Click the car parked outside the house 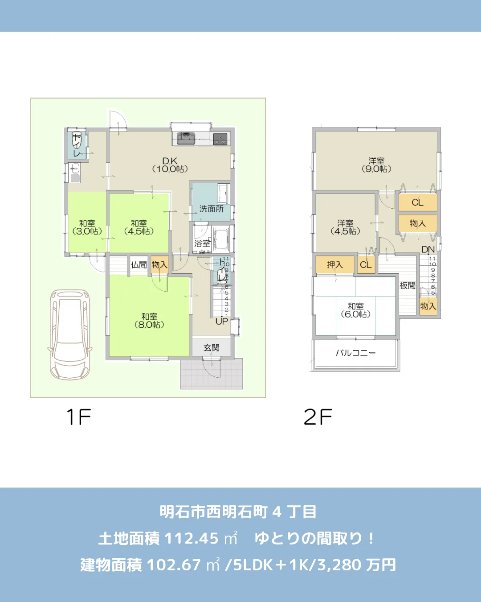70,334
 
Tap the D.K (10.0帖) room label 170,165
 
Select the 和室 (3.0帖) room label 87,227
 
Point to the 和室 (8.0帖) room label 149,321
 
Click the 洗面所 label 211,209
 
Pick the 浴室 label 202,243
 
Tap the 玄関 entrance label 212,347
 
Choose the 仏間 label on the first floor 139,265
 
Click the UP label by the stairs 221,321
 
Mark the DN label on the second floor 428,249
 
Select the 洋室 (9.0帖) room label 376,165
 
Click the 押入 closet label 335,265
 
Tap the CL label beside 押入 366,265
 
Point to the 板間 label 407,285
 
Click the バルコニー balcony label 355,353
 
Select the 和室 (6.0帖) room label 355,310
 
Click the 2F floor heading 318,417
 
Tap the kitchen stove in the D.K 220,138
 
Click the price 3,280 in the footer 339,565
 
